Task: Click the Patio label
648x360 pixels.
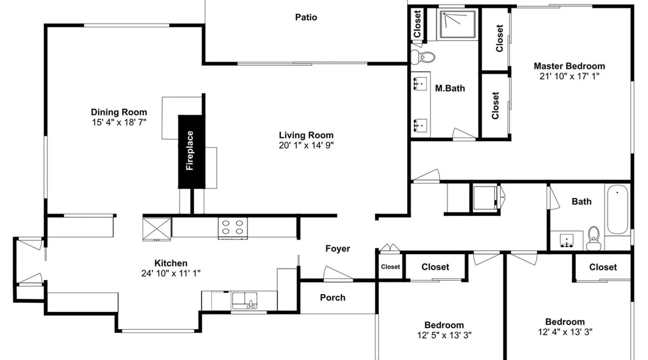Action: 306,17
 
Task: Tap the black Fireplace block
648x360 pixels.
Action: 191,152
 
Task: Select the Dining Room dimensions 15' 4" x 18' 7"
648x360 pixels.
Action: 119,122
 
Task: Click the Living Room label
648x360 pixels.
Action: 306,135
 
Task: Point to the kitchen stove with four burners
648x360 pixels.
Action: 233,228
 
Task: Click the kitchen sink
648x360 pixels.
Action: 244,301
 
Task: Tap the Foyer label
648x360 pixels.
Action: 338,248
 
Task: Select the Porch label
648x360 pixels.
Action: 333,297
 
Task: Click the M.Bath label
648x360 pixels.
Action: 450,88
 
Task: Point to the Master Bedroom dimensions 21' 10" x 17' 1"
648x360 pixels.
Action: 569,76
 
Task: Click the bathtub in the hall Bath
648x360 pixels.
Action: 617,210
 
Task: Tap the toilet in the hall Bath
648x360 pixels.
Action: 593,239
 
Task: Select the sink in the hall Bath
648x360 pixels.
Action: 567,240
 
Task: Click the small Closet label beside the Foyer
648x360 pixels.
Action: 390,267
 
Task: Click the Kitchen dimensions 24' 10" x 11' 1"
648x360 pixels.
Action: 171,273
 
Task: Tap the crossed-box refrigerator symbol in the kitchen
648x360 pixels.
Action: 157,229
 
